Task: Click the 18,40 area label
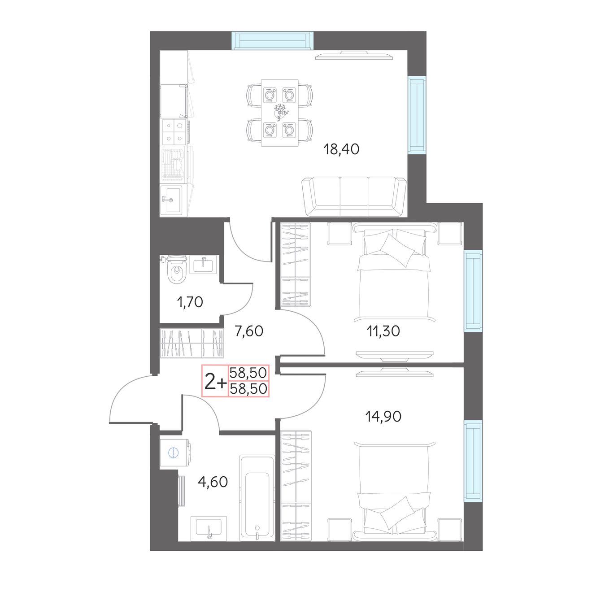point(341,149)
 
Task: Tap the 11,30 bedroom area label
point(383,331)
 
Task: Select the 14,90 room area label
point(383,416)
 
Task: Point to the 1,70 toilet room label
point(190,302)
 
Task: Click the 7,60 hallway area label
point(249,331)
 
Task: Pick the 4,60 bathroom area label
point(213,482)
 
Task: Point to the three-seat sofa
point(354,196)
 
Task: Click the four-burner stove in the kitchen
point(174,132)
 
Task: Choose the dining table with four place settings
point(279,113)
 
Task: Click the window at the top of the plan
point(272,40)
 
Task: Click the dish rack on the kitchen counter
point(174,164)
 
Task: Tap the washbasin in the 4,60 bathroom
point(209,528)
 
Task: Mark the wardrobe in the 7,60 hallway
point(192,344)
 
